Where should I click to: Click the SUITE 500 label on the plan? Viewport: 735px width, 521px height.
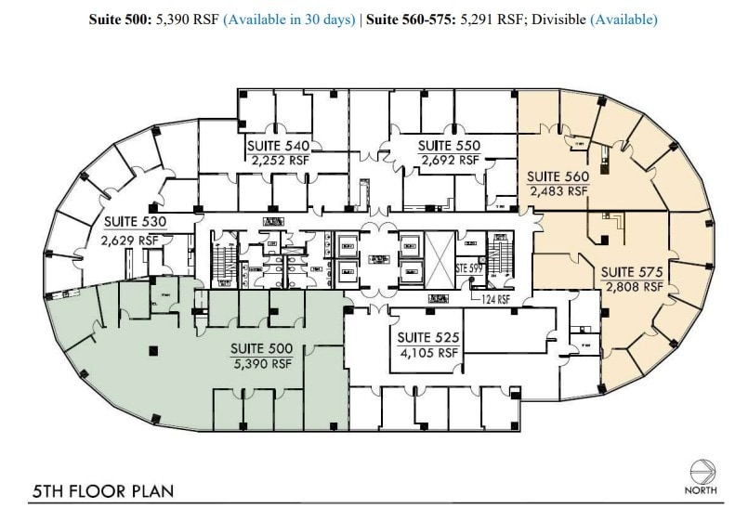(x=261, y=349)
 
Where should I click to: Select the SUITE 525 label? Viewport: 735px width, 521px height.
(x=428, y=338)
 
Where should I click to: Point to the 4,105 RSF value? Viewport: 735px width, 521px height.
(x=428, y=353)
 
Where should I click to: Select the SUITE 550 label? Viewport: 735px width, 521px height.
(x=449, y=146)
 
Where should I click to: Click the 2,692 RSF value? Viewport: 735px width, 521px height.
(x=450, y=160)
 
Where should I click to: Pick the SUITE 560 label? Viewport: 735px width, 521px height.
(x=558, y=176)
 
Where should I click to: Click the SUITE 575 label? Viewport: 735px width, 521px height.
(x=632, y=272)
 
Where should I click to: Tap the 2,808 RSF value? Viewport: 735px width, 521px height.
(x=634, y=287)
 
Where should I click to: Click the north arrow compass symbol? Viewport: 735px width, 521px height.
(x=702, y=470)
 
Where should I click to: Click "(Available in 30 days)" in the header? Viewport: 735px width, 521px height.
(x=289, y=19)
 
